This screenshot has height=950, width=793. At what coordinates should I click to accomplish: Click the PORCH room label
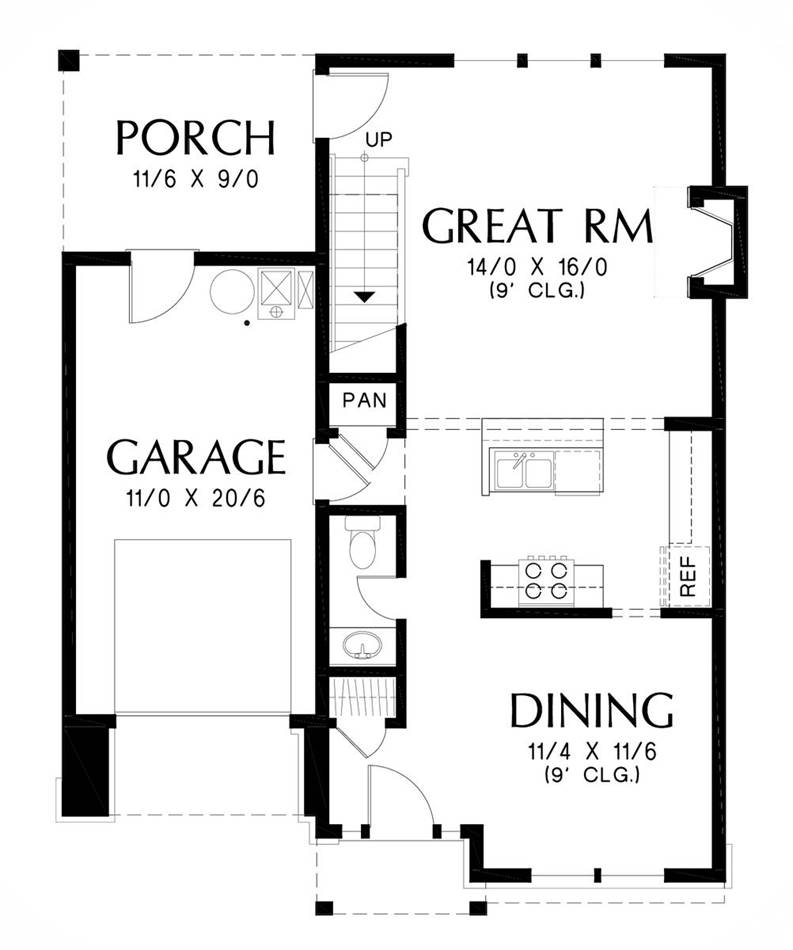pyautogui.click(x=196, y=138)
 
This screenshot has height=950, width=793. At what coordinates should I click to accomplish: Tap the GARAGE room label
pyautogui.click(x=196, y=457)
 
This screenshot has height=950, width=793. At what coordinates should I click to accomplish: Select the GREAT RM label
pyautogui.click(x=538, y=226)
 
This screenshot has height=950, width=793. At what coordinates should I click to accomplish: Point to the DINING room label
pyautogui.click(x=592, y=710)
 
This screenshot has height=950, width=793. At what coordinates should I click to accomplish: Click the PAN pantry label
pyautogui.click(x=364, y=400)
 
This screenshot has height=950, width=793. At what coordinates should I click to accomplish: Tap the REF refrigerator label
pyautogui.click(x=688, y=576)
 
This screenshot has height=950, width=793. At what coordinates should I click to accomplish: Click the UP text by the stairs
pyautogui.click(x=379, y=139)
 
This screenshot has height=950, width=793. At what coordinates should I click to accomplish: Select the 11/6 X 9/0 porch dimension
pyautogui.click(x=196, y=179)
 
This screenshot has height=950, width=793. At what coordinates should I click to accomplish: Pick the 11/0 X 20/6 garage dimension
pyautogui.click(x=196, y=498)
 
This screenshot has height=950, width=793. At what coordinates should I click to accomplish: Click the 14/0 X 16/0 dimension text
pyautogui.click(x=537, y=267)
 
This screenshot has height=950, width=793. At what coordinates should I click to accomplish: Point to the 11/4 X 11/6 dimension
pyautogui.click(x=592, y=752)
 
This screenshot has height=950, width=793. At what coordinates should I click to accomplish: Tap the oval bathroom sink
pyautogui.click(x=363, y=644)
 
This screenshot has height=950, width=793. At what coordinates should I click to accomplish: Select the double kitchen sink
pyautogui.click(x=525, y=470)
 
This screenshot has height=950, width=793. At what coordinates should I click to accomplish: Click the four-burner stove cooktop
pyautogui.click(x=546, y=580)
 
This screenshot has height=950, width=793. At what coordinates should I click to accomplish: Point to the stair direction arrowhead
pyautogui.click(x=364, y=297)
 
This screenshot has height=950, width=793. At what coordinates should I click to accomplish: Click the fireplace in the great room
pyautogui.click(x=717, y=242)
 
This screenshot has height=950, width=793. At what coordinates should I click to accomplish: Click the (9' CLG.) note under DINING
pyautogui.click(x=592, y=774)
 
